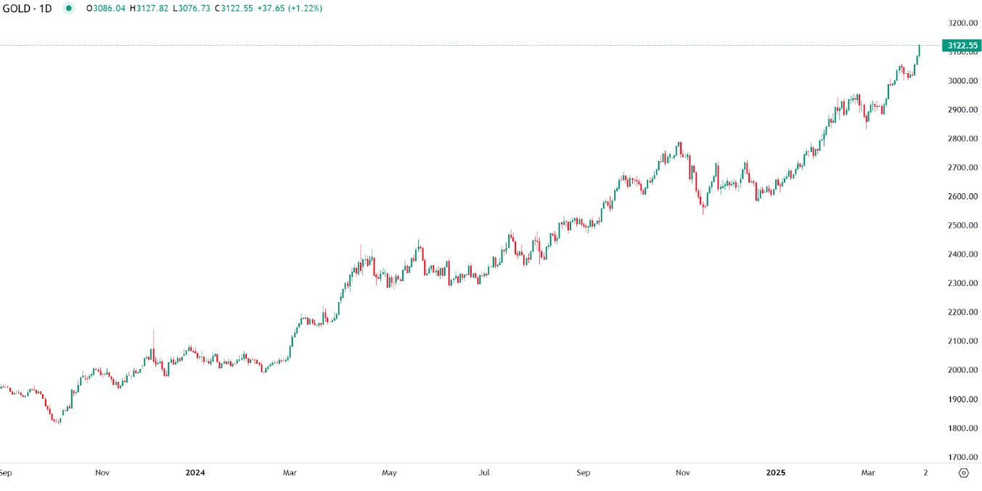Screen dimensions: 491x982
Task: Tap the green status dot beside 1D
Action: click(68, 9)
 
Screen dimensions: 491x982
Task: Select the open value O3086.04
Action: click(106, 9)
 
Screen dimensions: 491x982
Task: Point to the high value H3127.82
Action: click(150, 9)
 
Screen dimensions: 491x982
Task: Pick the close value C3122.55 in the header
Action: click(237, 9)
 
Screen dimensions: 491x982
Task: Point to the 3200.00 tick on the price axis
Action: click(962, 23)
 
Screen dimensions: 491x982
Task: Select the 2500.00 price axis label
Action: click(962, 225)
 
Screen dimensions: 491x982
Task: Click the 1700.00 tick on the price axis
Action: click(962, 457)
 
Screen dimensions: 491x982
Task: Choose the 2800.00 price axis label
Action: click(962, 139)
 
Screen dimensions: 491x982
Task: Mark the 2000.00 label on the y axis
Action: click(962, 370)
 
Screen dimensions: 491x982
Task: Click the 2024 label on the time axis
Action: click(195, 473)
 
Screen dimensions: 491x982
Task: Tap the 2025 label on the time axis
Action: click(776, 473)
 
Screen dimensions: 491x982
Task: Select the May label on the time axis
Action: click(389, 473)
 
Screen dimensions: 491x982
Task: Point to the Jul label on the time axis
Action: click(484, 473)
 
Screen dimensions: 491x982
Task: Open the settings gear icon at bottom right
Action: click(963, 473)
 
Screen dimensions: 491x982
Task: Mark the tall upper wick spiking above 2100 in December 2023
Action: click(153, 338)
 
